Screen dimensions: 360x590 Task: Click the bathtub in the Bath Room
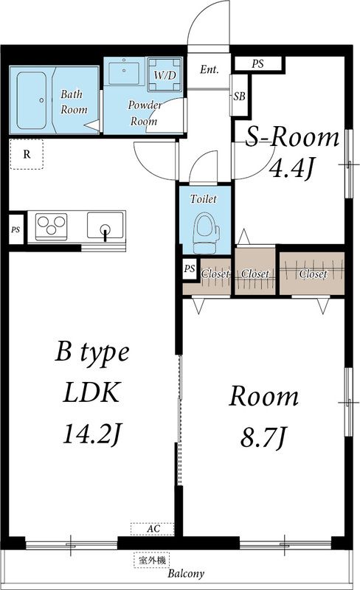[x=32, y=100]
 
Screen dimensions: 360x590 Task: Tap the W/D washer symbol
[x=165, y=74]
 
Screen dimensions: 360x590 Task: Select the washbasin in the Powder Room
[x=124, y=73]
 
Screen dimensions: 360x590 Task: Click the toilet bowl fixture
[x=205, y=232]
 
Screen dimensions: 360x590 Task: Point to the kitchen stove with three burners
[x=51, y=226]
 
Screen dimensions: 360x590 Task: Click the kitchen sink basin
[x=105, y=226]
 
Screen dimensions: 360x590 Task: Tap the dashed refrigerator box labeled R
[x=27, y=154]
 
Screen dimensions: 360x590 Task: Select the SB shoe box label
[x=239, y=97]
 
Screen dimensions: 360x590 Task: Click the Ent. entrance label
[x=209, y=69]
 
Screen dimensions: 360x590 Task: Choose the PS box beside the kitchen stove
[x=15, y=229]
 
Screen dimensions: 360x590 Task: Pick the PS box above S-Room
[x=258, y=63]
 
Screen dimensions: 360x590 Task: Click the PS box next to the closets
[x=190, y=268]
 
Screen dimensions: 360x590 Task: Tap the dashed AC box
[x=153, y=529]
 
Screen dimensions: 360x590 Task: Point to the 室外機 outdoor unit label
[x=152, y=560]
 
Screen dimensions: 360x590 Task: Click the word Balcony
[x=186, y=574]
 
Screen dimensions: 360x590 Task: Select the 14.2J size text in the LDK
[x=91, y=433]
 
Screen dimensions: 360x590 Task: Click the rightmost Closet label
[x=313, y=274]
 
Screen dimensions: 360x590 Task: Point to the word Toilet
[x=204, y=198]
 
